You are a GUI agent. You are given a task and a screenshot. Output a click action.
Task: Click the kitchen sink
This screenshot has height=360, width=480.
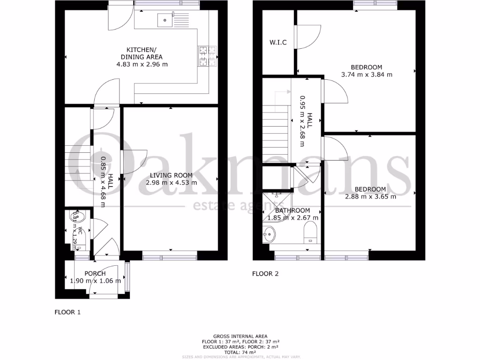(165, 20)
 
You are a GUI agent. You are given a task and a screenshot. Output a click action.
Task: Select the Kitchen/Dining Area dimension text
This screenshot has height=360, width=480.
(142, 64)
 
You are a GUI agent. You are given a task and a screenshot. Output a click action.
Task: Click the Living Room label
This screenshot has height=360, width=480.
(171, 175)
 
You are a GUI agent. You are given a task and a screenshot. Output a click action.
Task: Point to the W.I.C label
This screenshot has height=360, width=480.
(278, 43)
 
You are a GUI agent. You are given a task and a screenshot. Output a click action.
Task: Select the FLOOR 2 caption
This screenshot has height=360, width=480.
(265, 274)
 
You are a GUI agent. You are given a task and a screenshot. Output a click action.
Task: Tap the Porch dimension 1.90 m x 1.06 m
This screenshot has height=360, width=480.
(95, 281)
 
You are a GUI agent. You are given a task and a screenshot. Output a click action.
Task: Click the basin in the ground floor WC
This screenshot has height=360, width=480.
(77, 217)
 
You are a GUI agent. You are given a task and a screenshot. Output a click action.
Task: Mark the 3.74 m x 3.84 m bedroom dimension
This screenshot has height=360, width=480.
(367, 75)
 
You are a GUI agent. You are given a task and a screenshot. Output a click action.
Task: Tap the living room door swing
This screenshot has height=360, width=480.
(135, 162)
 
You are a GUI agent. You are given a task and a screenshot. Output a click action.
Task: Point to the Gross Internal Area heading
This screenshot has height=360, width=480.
(240, 337)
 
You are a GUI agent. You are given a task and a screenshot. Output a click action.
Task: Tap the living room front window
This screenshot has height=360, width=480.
(170, 256)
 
